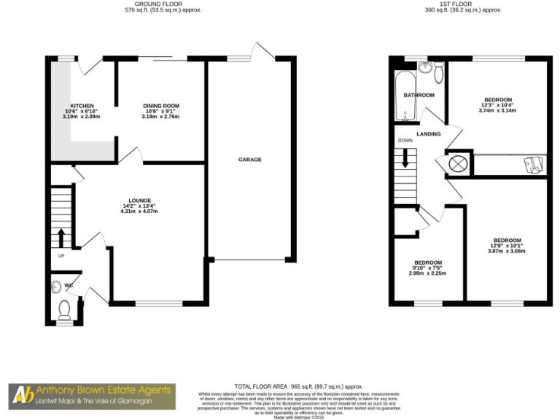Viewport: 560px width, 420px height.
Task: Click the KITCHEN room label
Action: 81,106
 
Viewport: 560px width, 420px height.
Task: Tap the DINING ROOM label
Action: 161,106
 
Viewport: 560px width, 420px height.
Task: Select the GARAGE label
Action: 249,159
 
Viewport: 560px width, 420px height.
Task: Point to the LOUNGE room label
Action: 139,201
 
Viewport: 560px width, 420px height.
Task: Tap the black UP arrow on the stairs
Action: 61,237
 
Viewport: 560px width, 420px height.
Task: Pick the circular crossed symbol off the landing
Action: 457,163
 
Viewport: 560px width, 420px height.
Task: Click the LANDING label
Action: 428,134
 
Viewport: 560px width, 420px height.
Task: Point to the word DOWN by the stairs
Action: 405,141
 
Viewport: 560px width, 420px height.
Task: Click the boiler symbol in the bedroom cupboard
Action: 533,164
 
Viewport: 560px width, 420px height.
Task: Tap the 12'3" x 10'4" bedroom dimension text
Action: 497,105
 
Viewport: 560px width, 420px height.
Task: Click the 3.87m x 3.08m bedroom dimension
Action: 507,252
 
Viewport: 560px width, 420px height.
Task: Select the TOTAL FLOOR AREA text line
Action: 298,386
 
